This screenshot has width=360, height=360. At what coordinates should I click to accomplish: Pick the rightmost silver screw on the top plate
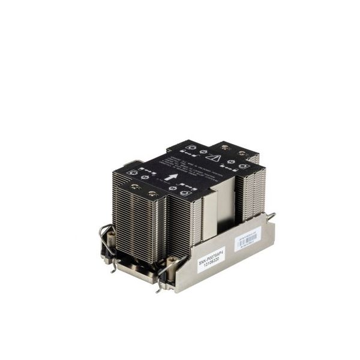[x=242, y=154]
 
